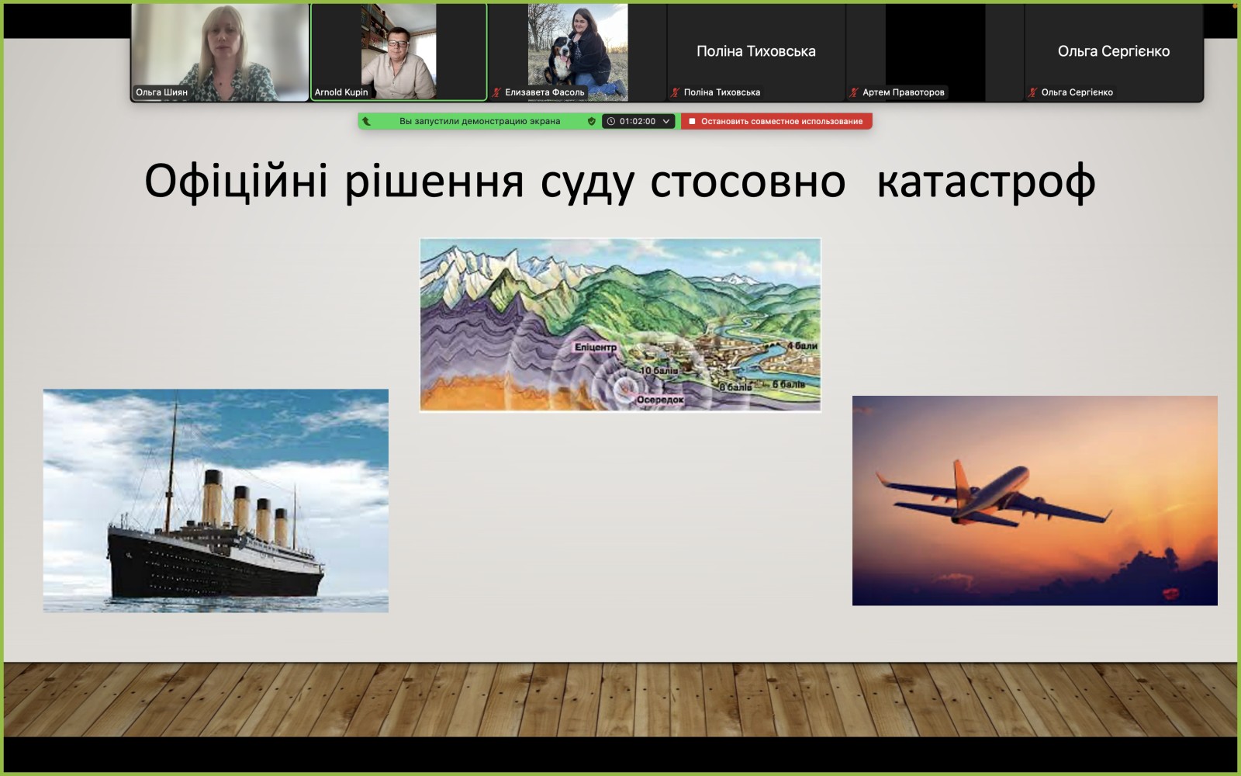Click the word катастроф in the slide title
pos(986,182)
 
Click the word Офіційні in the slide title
pos(236,181)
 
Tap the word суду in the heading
pos(586,184)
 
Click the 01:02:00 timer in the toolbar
pos(637,121)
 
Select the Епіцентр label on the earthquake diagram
pos(595,347)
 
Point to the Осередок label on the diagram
pos(660,400)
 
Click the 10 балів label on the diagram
pos(659,370)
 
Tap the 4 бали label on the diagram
pos(802,346)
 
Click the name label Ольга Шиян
pos(162,92)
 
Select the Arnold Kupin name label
pos(341,92)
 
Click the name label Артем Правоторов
pos(903,92)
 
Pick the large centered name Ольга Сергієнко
pos(1114,51)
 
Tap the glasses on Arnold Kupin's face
pos(398,43)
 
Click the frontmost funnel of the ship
pos(212,497)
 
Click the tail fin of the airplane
pos(962,480)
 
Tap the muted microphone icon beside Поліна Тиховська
pos(675,92)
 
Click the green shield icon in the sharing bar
pos(592,121)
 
